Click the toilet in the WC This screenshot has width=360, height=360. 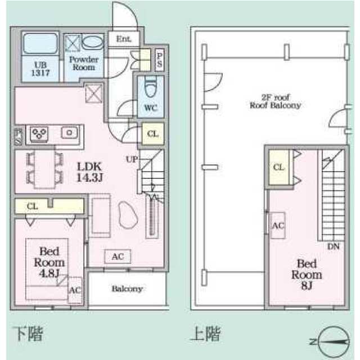pos(151,87)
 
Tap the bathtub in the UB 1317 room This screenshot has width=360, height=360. pos(40,43)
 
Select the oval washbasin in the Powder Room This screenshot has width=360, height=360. pos(92,43)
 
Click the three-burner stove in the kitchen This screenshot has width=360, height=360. pos(39,134)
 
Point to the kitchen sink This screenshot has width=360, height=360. pos(69,133)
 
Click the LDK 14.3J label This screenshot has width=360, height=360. pos(89,172)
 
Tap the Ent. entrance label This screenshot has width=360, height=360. pos(124,39)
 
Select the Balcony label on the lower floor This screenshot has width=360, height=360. pos(127,289)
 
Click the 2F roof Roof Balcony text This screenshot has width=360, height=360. pos(275,101)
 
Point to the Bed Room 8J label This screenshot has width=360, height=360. pos(307,274)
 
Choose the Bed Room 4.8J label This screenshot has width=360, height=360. pos(49,262)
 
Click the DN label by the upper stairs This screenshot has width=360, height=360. pos(334,246)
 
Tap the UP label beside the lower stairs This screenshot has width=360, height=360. pos(132,159)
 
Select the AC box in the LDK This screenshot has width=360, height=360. pos(118,256)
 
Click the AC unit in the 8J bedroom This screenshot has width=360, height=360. pos(278,226)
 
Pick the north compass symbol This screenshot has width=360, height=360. pos(334,342)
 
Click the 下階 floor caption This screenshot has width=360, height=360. pos(28,334)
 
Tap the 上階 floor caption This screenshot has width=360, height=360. pos(205,334)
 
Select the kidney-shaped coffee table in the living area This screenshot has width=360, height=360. pos(128,215)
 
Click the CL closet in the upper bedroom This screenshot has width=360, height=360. pos(279,167)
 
